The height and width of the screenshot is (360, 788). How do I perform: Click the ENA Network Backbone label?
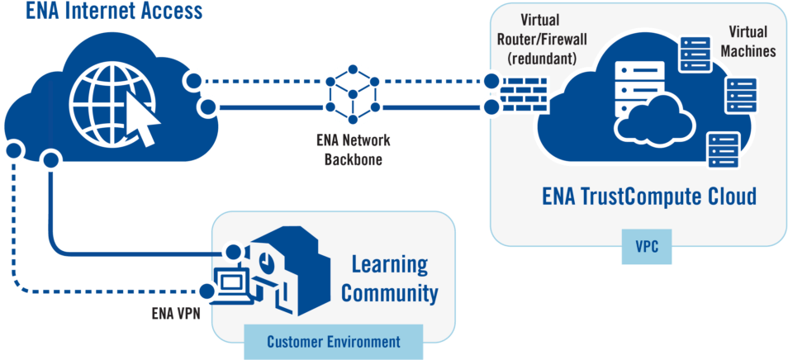[x=353, y=149]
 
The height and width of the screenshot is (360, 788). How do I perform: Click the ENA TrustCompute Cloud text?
[x=649, y=198]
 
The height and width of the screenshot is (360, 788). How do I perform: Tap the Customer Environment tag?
[x=334, y=341]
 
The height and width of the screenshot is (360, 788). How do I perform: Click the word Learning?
[x=390, y=266]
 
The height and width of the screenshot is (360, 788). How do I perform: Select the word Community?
[x=390, y=292]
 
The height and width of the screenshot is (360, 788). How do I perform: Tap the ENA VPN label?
[x=175, y=313]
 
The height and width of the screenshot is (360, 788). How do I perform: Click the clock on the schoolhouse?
[x=266, y=259]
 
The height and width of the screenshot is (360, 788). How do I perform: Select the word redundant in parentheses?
[x=543, y=58]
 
